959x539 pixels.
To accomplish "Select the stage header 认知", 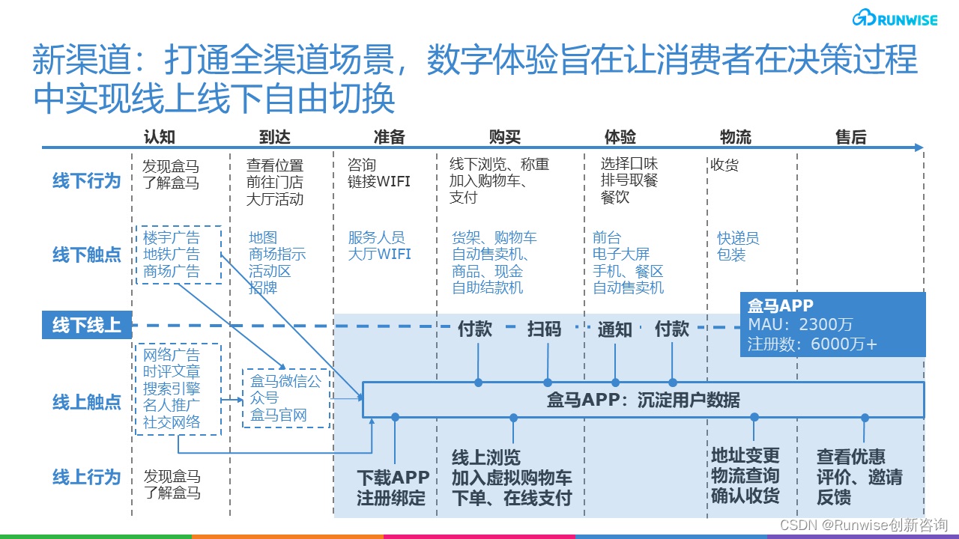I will click(160, 136).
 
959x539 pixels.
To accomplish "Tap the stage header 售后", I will click(850, 136).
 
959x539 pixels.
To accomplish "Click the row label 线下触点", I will click(86, 255).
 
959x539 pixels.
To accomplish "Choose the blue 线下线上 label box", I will click(86, 326).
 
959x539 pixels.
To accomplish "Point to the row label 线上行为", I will click(86, 477).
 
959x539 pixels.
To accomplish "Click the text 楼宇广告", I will click(172, 238).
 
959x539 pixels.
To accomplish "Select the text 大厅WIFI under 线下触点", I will click(379, 255).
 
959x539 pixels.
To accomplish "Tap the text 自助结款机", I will click(488, 287).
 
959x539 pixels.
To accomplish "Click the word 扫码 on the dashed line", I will click(544, 329).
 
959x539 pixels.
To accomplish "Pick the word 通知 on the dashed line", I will click(614, 329).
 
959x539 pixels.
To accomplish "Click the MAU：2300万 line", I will click(800, 325).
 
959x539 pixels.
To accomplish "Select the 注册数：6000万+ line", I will click(812, 344).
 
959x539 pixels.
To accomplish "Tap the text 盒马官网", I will click(279, 415).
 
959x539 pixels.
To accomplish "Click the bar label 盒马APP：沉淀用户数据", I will click(643, 400).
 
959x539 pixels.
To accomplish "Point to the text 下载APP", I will click(393, 478).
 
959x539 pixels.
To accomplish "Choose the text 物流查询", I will click(745, 476).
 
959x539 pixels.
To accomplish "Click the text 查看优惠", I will click(851, 457).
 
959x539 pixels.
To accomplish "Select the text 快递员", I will click(738, 238).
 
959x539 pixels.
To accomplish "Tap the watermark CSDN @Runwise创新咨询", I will click(864, 525).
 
